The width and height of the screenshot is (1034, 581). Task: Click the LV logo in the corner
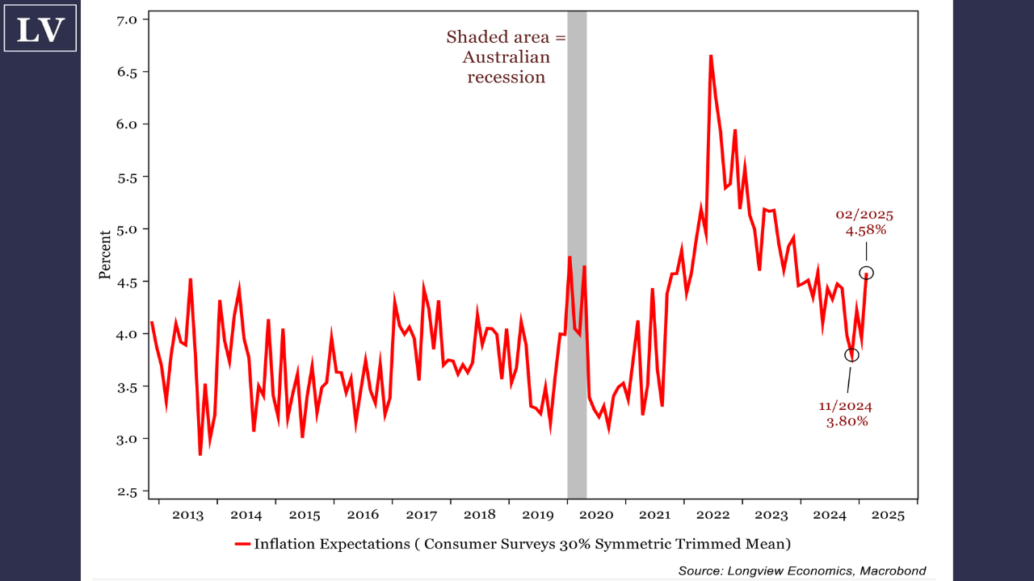click(40, 28)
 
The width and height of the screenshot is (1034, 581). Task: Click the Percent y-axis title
click(105, 254)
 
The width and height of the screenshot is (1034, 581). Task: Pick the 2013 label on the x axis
click(187, 515)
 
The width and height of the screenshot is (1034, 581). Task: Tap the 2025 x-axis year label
click(888, 515)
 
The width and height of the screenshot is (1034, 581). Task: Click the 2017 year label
click(421, 515)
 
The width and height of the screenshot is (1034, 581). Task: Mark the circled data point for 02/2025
click(867, 273)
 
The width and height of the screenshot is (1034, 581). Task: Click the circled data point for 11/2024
click(852, 355)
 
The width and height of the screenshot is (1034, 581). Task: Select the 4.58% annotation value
click(866, 230)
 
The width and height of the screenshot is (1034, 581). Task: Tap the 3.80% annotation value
click(847, 421)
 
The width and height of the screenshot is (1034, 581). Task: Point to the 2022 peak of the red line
click(711, 56)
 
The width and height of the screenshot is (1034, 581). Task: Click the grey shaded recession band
click(577, 242)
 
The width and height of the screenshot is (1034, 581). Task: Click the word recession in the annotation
click(506, 77)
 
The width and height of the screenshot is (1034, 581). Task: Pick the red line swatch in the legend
click(242, 544)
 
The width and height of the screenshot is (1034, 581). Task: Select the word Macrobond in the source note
click(893, 571)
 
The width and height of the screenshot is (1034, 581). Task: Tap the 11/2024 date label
click(846, 406)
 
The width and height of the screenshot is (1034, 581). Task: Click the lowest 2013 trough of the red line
click(200, 455)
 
